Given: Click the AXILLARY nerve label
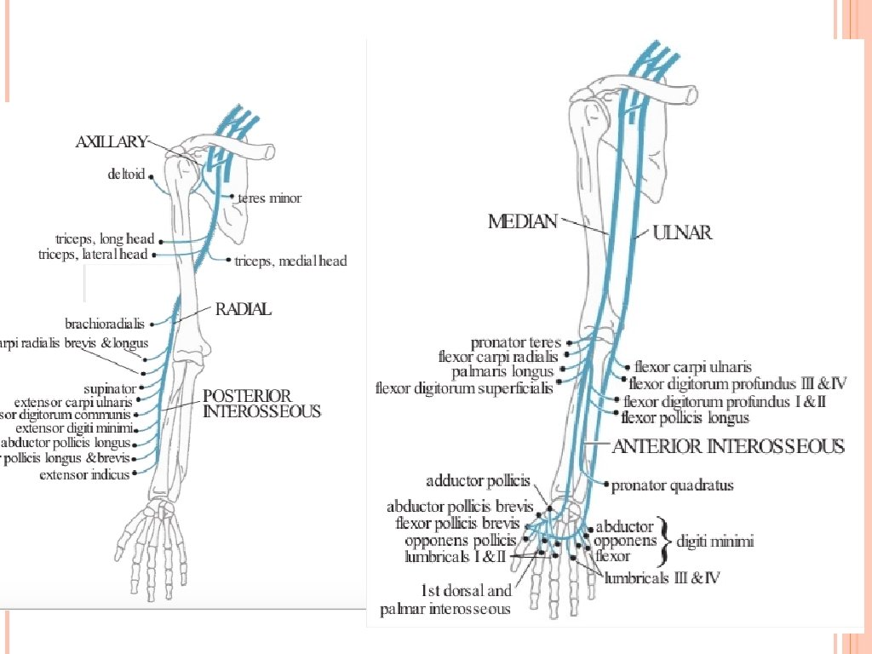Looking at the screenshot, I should click(112, 143).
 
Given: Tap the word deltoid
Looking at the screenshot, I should click(126, 175).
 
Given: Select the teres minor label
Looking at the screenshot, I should click(269, 198).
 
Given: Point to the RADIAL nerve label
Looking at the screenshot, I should click(243, 310).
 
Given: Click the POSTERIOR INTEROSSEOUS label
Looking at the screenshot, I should click(261, 404).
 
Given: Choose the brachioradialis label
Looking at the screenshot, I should click(105, 324).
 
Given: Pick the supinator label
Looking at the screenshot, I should click(112, 388).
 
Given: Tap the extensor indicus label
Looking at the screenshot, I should click(84, 475).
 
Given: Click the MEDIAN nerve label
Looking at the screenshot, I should click(522, 222).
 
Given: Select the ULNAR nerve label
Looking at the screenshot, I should click(682, 232).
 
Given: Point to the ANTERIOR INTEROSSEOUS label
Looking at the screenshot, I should click(729, 447).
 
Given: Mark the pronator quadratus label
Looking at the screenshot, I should click(673, 486).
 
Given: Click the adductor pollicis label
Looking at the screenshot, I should click(478, 481).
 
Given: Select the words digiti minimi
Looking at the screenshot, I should click(714, 541).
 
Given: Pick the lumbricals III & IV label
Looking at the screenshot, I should click(663, 577).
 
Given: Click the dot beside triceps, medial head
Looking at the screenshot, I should click(229, 258).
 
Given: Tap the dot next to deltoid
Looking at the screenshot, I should click(152, 177).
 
